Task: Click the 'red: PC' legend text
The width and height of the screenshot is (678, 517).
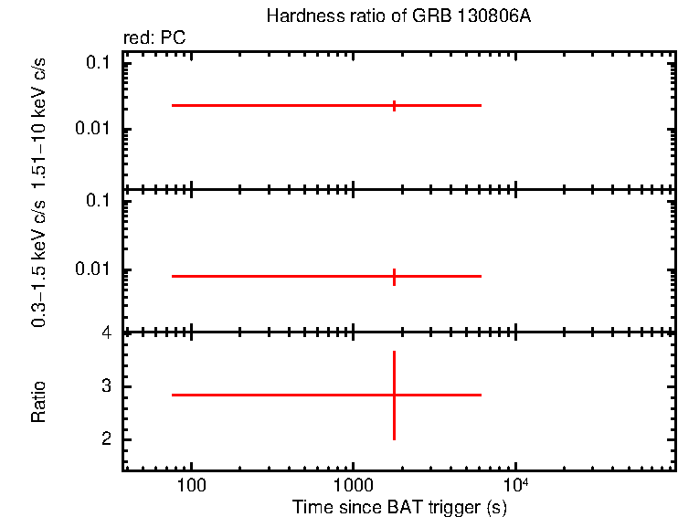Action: tap(154, 38)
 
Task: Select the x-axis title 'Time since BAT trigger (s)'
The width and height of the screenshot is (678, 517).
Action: tap(399, 507)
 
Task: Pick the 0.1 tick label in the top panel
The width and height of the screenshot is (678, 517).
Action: tap(100, 63)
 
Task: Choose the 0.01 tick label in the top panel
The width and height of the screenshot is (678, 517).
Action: tap(95, 129)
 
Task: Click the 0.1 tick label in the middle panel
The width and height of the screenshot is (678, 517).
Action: tap(100, 201)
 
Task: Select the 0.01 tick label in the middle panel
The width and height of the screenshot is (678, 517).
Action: tap(95, 269)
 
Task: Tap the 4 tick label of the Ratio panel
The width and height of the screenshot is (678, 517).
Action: tap(107, 332)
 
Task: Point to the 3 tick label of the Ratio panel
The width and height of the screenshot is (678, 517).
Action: tap(107, 386)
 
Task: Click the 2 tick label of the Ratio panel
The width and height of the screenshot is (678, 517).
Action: tap(107, 439)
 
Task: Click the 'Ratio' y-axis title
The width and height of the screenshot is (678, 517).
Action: tap(39, 402)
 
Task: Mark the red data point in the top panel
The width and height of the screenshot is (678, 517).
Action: tap(394, 105)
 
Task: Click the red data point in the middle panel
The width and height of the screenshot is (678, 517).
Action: tap(394, 276)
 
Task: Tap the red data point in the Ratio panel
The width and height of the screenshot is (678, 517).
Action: tap(394, 395)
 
